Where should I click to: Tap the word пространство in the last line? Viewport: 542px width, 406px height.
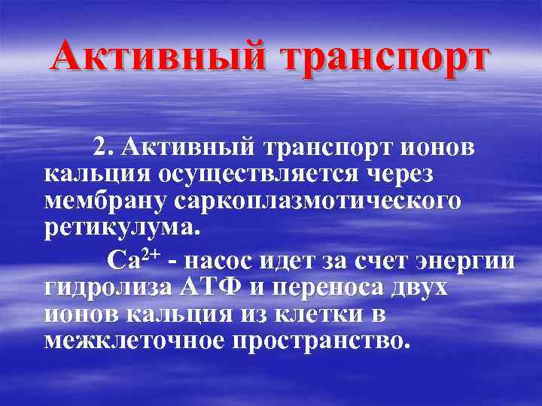tap(320, 340)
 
